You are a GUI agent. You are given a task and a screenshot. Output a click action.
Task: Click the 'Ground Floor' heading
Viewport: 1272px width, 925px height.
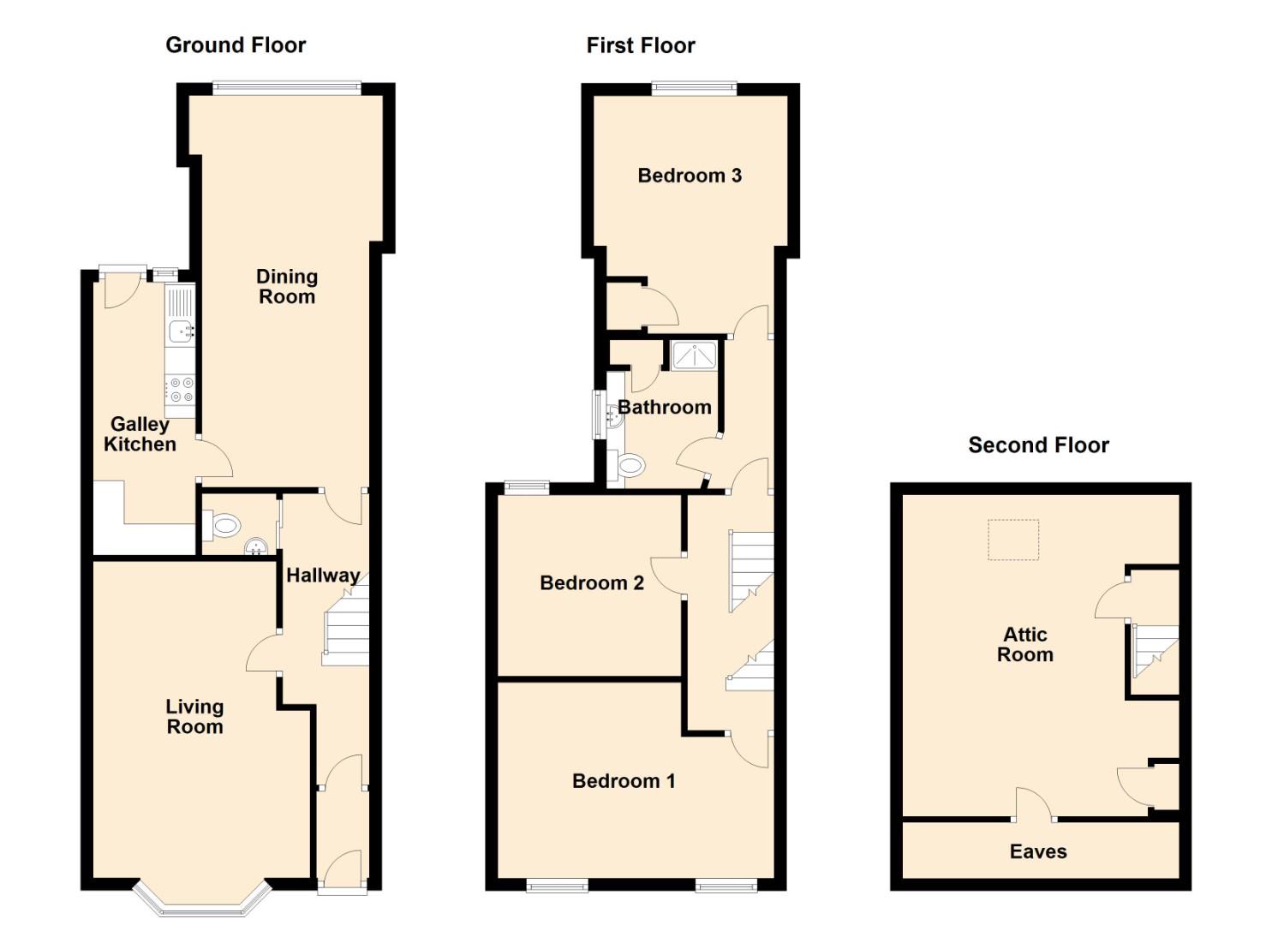pyautogui.click(x=236, y=45)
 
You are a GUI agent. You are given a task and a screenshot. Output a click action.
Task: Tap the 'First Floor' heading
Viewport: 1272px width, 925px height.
pyautogui.click(x=641, y=45)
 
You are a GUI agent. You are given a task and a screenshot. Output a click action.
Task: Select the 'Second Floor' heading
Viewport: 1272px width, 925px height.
pyautogui.click(x=1039, y=445)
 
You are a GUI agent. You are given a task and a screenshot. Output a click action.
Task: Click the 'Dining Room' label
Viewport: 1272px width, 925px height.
pyautogui.click(x=287, y=286)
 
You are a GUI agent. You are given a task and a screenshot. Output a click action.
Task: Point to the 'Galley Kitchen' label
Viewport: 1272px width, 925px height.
pyautogui.click(x=140, y=434)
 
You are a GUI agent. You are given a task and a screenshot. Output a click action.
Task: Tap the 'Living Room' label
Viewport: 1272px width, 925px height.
pyautogui.click(x=194, y=717)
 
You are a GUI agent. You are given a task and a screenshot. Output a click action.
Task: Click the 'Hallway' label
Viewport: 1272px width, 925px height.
pyautogui.click(x=323, y=576)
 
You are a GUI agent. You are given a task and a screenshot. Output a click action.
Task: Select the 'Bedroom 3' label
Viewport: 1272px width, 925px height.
pyautogui.click(x=690, y=176)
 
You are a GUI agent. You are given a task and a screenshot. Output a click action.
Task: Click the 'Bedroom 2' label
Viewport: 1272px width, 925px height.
pyautogui.click(x=592, y=582)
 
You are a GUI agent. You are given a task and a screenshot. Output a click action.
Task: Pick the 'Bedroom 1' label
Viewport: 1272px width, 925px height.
pyautogui.click(x=624, y=781)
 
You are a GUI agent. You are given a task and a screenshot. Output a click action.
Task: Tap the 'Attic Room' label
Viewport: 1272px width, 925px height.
pyautogui.click(x=1025, y=644)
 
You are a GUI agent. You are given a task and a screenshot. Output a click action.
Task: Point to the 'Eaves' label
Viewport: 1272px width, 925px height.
pyautogui.click(x=1038, y=851)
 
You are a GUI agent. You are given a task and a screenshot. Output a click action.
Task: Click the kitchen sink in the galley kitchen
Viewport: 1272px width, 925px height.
pyautogui.click(x=181, y=331)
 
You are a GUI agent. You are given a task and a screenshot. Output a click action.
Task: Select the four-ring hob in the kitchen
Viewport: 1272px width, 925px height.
pyautogui.click(x=181, y=389)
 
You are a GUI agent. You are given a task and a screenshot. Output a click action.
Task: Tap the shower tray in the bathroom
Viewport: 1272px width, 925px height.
pyautogui.click(x=693, y=355)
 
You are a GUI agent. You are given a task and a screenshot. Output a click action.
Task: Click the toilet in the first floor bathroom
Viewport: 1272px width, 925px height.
pyautogui.click(x=629, y=466)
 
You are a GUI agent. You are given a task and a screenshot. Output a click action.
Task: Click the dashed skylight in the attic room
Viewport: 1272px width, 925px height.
pyautogui.click(x=1013, y=540)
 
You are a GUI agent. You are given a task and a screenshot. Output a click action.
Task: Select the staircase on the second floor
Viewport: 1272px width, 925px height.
pyautogui.click(x=1156, y=651)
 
